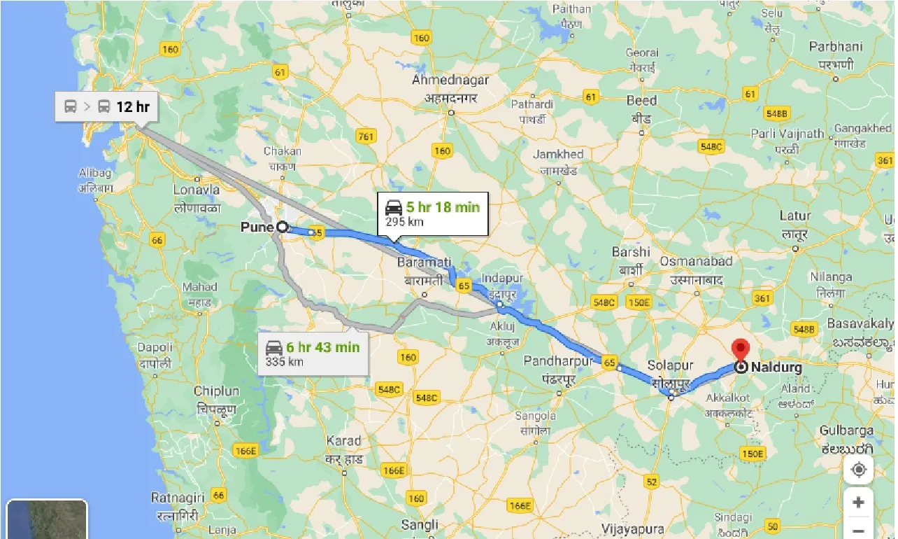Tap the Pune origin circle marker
(x=282, y=227)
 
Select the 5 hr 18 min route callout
(x=432, y=214)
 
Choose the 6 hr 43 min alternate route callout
(x=313, y=353)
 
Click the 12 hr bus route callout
(x=107, y=107)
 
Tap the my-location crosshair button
(x=858, y=470)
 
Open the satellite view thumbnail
(x=46, y=519)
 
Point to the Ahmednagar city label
(x=450, y=80)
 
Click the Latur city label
(x=795, y=216)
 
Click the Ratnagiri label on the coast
(x=178, y=498)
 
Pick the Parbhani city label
(x=836, y=47)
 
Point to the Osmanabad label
(x=696, y=262)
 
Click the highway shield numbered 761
(x=365, y=136)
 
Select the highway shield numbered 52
(x=652, y=482)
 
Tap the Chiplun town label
(x=216, y=391)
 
